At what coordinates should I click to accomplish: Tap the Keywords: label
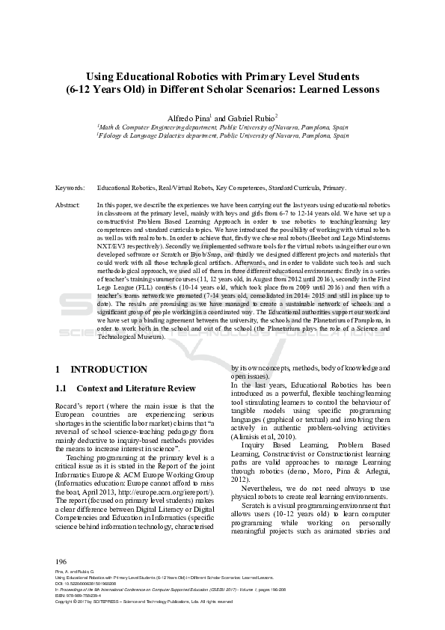pos(70,188)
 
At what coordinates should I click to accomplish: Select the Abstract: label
pos(68,204)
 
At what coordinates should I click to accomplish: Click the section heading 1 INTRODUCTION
pos(108,370)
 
